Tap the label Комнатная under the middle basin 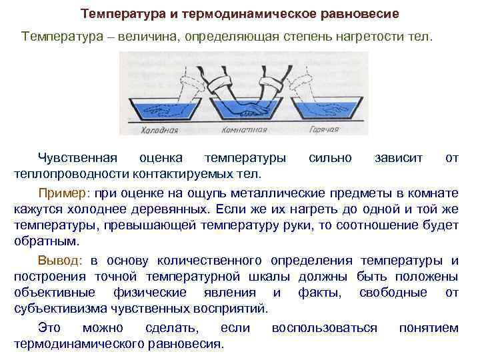tap(243, 130)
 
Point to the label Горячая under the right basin tap(323, 130)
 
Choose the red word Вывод tap(61, 260)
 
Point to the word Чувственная tap(77, 158)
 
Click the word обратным tap(46, 241)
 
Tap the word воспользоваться tap(325, 328)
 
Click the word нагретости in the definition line tap(371, 35)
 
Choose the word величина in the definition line tap(153, 35)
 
